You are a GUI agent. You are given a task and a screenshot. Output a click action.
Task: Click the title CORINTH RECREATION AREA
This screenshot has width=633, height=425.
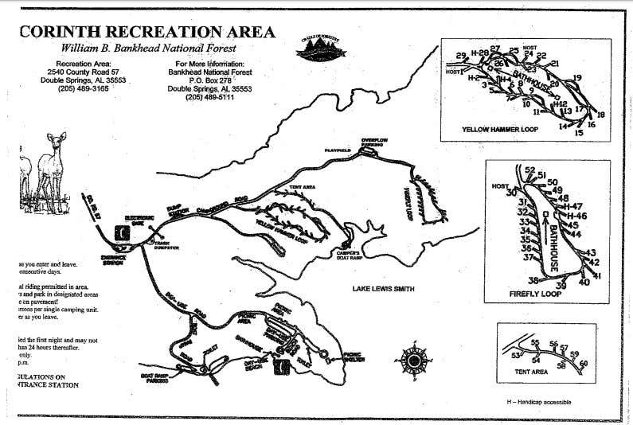[147, 33]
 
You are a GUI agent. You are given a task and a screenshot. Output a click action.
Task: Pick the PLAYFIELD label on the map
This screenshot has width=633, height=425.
[338, 150]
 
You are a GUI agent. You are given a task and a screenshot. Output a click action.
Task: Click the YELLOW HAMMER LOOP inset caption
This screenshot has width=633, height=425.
[500, 128]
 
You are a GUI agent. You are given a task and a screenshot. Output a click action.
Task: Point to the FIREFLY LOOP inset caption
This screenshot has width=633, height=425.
[535, 293]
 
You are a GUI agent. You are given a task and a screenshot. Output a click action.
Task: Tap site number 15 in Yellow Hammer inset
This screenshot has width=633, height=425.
[579, 133]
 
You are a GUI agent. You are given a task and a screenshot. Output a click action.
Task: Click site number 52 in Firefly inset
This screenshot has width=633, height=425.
[529, 170]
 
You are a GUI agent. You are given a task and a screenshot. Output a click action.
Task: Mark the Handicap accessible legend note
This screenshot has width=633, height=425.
[538, 401]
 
